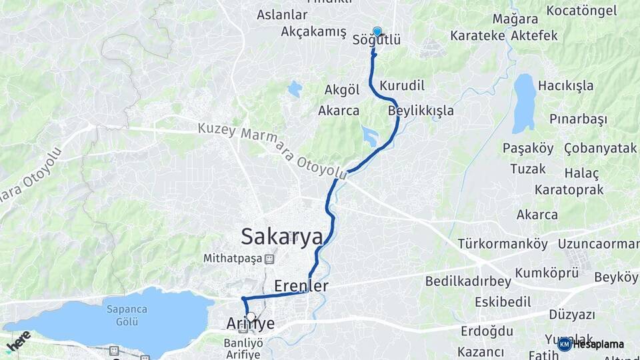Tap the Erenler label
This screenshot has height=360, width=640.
coord(301,285)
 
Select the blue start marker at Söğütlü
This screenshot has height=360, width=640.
coord(377,31)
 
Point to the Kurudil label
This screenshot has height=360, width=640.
coord(402,85)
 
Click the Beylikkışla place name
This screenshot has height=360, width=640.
coord(421,110)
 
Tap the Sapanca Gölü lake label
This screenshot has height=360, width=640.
coord(122,315)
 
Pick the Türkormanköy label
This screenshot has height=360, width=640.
coord(503,243)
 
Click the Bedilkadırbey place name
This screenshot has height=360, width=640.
coord(467,281)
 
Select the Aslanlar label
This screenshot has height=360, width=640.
coord(282,15)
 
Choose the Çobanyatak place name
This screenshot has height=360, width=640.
coord(600,148)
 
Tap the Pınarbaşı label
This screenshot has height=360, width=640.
coord(578,119)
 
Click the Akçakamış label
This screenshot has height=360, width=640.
coord(313,31)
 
